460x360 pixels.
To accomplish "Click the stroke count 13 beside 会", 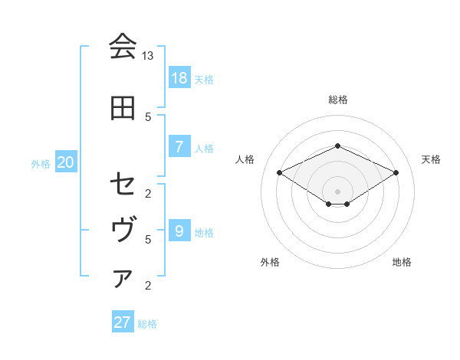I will [148, 56].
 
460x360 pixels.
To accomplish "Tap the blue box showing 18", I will [179, 77].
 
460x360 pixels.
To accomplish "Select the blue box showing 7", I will [179, 146].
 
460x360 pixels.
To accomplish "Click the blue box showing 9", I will [179, 231].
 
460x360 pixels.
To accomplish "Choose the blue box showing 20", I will [65, 162].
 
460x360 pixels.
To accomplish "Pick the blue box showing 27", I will [123, 322].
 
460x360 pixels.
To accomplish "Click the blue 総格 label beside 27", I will [147, 324].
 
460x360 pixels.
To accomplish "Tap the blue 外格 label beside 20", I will [41, 163].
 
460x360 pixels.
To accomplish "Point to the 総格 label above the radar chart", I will [337, 100].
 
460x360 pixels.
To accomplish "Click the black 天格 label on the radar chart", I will [431, 159].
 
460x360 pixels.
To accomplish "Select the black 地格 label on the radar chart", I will [402, 262].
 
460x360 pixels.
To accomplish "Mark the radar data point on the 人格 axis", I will [279, 172].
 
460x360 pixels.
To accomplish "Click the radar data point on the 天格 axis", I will [396, 172].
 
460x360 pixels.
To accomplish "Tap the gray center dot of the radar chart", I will [337, 190].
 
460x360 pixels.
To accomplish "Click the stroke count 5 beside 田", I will [148, 117].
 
